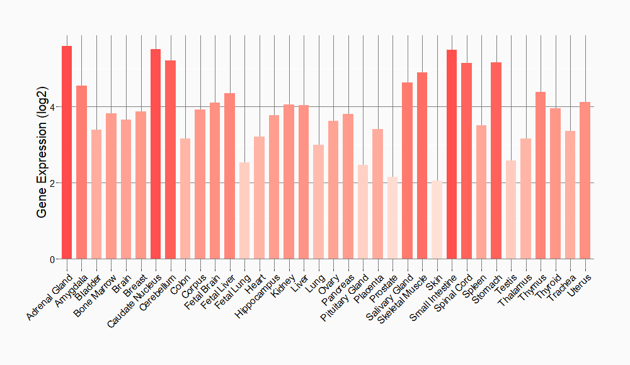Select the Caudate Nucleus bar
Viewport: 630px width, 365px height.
tap(156, 154)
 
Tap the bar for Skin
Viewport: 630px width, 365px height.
tap(437, 220)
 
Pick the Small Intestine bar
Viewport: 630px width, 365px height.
tap(452, 154)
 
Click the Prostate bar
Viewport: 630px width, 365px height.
tap(392, 218)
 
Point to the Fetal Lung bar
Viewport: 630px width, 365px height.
tap(244, 211)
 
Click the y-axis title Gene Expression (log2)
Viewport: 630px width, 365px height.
tap(42, 152)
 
